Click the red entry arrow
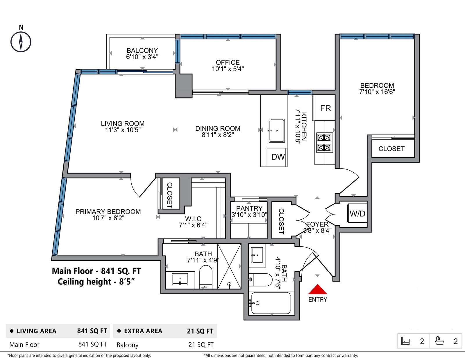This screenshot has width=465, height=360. click(x=318, y=289)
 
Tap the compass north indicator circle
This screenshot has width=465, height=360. click(x=21, y=42)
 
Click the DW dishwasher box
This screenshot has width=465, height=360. click(x=277, y=157)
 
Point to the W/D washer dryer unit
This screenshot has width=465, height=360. click(x=357, y=213)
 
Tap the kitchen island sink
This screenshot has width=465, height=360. click(x=277, y=131)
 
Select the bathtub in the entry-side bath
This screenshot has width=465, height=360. click(x=271, y=303)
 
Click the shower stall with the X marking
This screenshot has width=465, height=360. click(x=229, y=266)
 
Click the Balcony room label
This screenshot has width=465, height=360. click(x=142, y=51)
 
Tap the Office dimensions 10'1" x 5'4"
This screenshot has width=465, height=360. click(x=228, y=69)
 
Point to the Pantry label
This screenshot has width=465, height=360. click(x=249, y=208)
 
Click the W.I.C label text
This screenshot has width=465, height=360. click(x=193, y=218)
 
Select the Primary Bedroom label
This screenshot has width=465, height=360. click(x=108, y=212)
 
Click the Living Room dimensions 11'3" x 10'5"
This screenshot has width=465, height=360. click(x=123, y=130)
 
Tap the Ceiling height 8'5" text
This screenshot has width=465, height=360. click(x=96, y=282)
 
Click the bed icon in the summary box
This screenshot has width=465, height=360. click(x=405, y=341)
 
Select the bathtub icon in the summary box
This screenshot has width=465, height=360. click(x=439, y=341)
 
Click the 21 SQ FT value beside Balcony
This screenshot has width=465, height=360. click(x=201, y=345)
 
